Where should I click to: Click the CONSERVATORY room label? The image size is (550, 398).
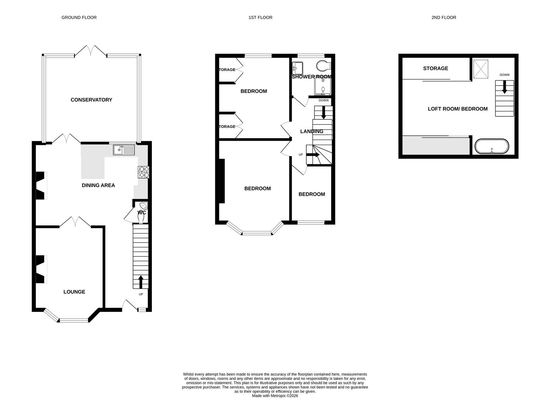coord(91,100)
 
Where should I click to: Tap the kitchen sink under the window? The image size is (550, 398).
coord(125,149)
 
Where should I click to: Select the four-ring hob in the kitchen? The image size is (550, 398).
coord(144,172)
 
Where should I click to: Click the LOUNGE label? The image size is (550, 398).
coord(74,292)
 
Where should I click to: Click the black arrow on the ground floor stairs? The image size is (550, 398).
coord(140,282)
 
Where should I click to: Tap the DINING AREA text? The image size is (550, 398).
coord(98,185)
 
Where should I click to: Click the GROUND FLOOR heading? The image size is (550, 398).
coord(79,17)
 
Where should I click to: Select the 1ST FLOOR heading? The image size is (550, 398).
coord(260,17)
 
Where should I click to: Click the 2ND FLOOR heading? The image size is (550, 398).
coord(444,17)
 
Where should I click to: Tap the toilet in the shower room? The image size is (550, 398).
coord(324,65)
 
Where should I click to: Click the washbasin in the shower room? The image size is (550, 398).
coord(297,67)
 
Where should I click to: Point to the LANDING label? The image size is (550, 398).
coord(311,132)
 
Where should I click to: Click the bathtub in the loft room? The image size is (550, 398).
coord(492,146)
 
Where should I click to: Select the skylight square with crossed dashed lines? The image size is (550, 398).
coord(481,69)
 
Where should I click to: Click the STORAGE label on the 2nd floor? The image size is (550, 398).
coord(435,69)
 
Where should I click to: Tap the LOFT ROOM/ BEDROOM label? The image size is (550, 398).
coord(457,109)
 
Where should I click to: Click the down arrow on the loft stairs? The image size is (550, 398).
coord(504,87)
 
